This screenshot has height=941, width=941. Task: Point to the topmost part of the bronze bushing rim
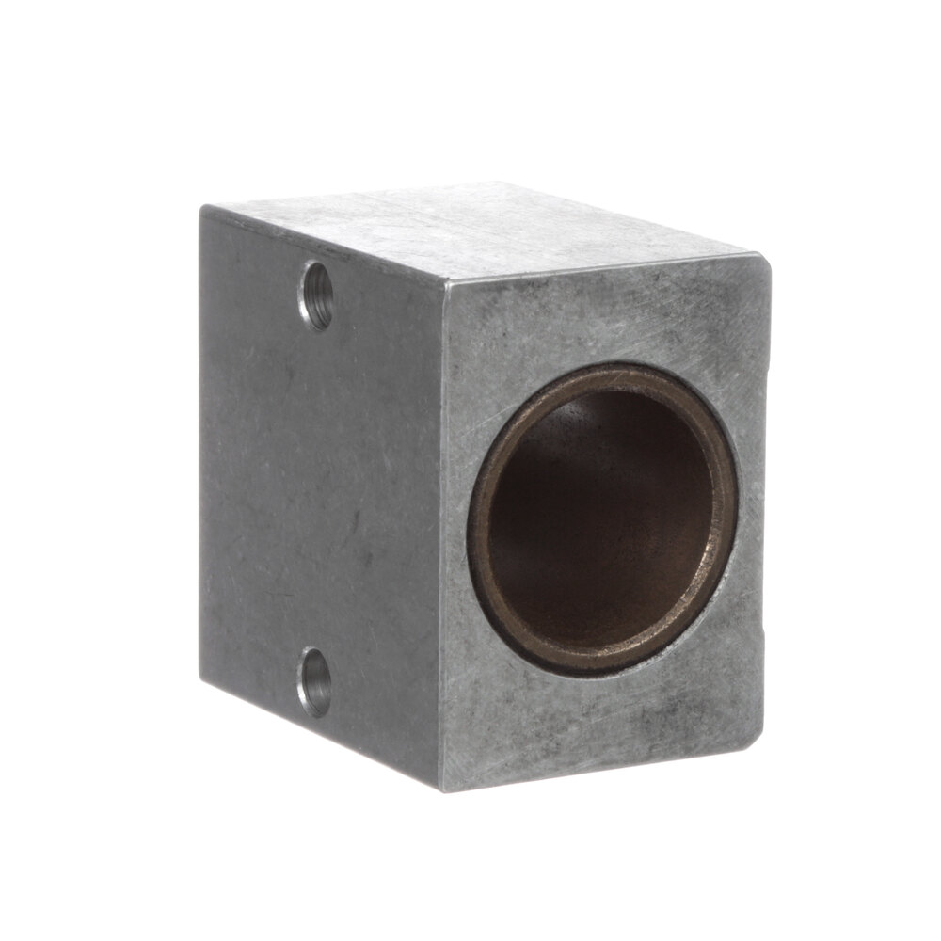click(612, 373)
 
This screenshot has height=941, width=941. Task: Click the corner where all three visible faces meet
click(444, 281)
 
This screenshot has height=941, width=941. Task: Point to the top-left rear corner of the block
click(201, 209)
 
